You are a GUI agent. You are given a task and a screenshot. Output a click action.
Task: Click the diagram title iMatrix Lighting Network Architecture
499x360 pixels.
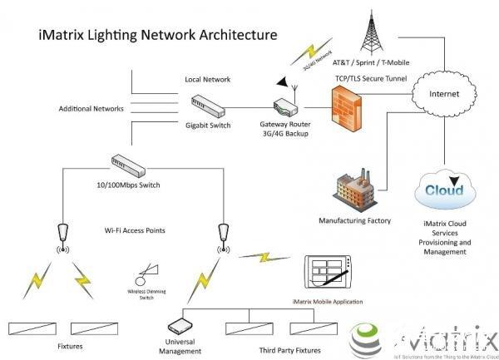[159, 37]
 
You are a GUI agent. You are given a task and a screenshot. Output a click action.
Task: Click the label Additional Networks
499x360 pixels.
[91, 109]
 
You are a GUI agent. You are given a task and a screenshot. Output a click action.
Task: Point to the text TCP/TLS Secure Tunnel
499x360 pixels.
[371, 78]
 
